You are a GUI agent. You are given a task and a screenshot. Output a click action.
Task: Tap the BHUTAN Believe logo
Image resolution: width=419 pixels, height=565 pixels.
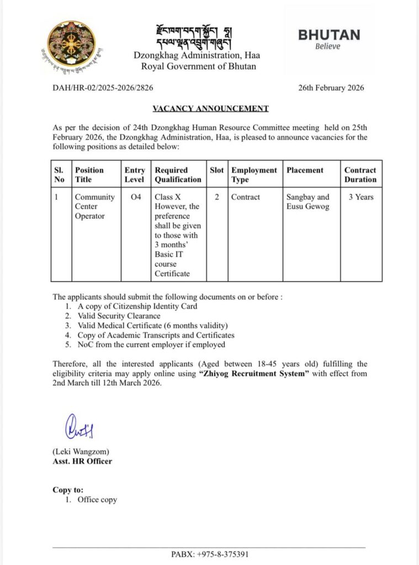coord(328,39)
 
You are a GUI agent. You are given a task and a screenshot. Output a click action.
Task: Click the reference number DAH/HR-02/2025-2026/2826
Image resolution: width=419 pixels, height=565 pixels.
coord(103,88)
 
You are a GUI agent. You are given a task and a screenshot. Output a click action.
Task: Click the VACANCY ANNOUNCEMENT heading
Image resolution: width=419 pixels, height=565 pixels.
coord(210,109)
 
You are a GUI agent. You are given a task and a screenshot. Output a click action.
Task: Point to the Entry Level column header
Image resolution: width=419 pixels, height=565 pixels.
coord(135,174)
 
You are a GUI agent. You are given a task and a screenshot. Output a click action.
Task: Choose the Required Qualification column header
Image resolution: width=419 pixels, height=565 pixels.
coord(178,174)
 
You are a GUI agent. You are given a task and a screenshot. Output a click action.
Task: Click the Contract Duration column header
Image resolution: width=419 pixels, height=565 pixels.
coord(360,174)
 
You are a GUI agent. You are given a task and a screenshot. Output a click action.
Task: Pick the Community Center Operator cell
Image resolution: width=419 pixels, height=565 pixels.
coord(95,206)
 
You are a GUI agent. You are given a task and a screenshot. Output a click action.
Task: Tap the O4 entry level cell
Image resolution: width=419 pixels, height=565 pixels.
coord(135,197)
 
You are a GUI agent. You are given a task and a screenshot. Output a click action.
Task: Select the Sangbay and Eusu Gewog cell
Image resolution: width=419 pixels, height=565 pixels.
coord(307,201)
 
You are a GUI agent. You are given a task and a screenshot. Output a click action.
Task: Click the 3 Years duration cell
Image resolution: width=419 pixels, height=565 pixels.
coord(360,197)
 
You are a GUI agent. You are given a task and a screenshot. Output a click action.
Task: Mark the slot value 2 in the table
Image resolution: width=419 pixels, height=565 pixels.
coord(217,197)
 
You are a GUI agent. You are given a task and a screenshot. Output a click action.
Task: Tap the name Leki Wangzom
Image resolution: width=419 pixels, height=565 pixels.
coord(77,452)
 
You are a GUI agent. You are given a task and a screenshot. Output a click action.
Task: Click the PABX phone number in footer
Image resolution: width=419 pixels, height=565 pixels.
coord(210,554)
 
